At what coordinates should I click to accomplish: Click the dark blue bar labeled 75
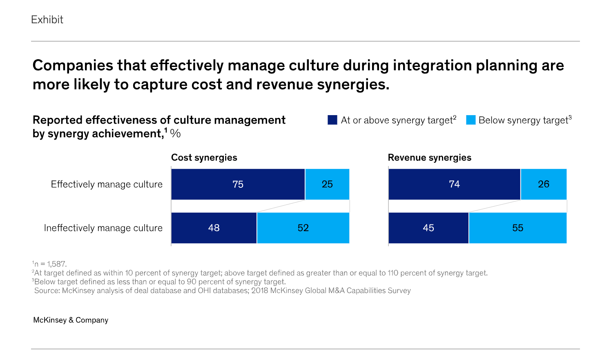pyautogui.click(x=238, y=184)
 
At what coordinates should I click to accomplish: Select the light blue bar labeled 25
pyautogui.click(x=327, y=184)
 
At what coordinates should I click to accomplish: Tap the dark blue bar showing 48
pyautogui.click(x=214, y=228)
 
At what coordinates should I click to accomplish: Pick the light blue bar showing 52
pyautogui.click(x=303, y=228)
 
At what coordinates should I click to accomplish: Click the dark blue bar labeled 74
pyautogui.click(x=454, y=184)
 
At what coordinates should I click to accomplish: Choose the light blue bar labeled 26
pyautogui.click(x=544, y=184)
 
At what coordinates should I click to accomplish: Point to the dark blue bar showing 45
pyautogui.click(x=428, y=228)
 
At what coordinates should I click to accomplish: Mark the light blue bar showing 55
pyautogui.click(x=517, y=228)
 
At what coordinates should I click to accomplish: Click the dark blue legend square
pyautogui.click(x=332, y=120)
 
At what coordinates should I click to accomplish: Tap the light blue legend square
pyautogui.click(x=471, y=120)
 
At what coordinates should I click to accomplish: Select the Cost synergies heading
pyautogui.click(x=204, y=158)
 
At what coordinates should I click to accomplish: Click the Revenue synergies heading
pyautogui.click(x=429, y=158)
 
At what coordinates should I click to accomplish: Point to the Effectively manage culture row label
pyautogui.click(x=107, y=184)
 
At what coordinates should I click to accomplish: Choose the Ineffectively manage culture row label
pyautogui.click(x=103, y=228)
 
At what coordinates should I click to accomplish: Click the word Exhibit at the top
pyautogui.click(x=47, y=20)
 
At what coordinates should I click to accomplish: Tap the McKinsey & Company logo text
pyautogui.click(x=71, y=320)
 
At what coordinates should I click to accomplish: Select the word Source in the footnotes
pyautogui.click(x=46, y=291)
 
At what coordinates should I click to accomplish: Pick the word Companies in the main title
pyautogui.click(x=73, y=65)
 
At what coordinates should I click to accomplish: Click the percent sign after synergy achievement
pyautogui.click(x=175, y=133)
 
